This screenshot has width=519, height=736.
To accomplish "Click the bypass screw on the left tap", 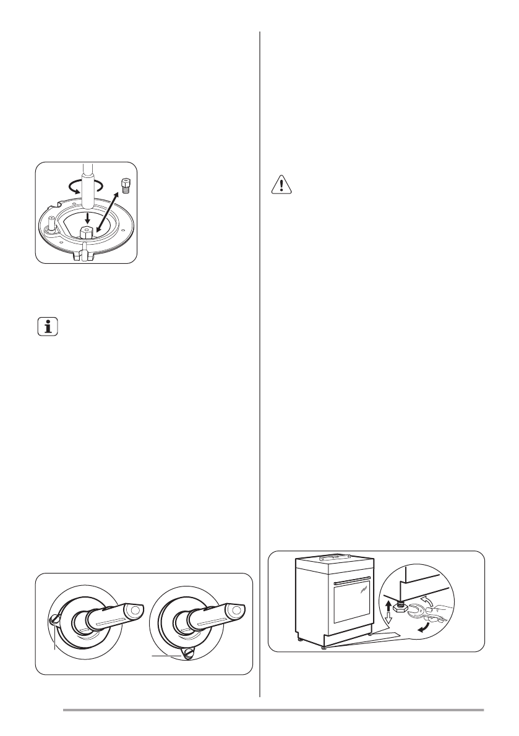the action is pos(54,618).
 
